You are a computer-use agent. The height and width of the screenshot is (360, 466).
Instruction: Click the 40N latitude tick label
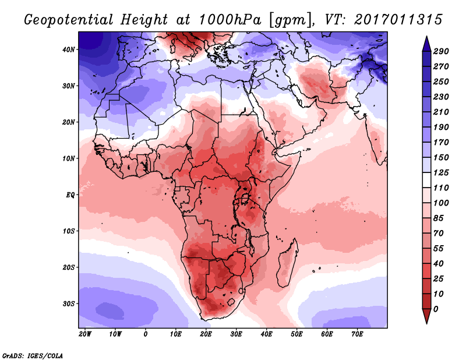tap(69, 50)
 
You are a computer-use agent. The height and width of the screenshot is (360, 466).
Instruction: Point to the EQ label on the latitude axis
tap(70, 195)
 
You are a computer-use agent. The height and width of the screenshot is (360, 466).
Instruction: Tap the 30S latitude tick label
tap(69, 303)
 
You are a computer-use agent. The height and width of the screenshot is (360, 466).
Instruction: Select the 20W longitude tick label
tap(84, 334)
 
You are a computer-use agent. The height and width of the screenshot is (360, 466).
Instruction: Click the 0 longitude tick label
tap(145, 334)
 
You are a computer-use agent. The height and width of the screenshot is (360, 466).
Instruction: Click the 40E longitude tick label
tap(266, 334)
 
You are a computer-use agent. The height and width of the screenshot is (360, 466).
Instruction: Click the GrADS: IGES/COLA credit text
tap(32, 355)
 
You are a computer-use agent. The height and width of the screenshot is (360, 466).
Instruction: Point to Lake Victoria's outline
tap(247, 199)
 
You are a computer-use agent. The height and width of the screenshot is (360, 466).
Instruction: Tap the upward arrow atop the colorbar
tap(426, 42)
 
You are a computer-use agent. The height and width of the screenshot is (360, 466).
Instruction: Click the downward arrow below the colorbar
tap(426, 317)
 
